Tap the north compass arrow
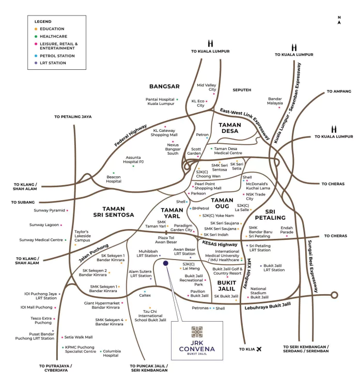point(339,20)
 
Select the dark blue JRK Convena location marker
point(166,263)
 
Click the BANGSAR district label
point(164,86)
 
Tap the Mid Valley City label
point(206,87)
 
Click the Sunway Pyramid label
point(50,210)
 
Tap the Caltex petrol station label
point(145,296)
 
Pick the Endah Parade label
point(287,230)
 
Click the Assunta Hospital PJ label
point(133,159)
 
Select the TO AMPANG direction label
point(338,92)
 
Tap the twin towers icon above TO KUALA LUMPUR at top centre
point(210,43)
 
